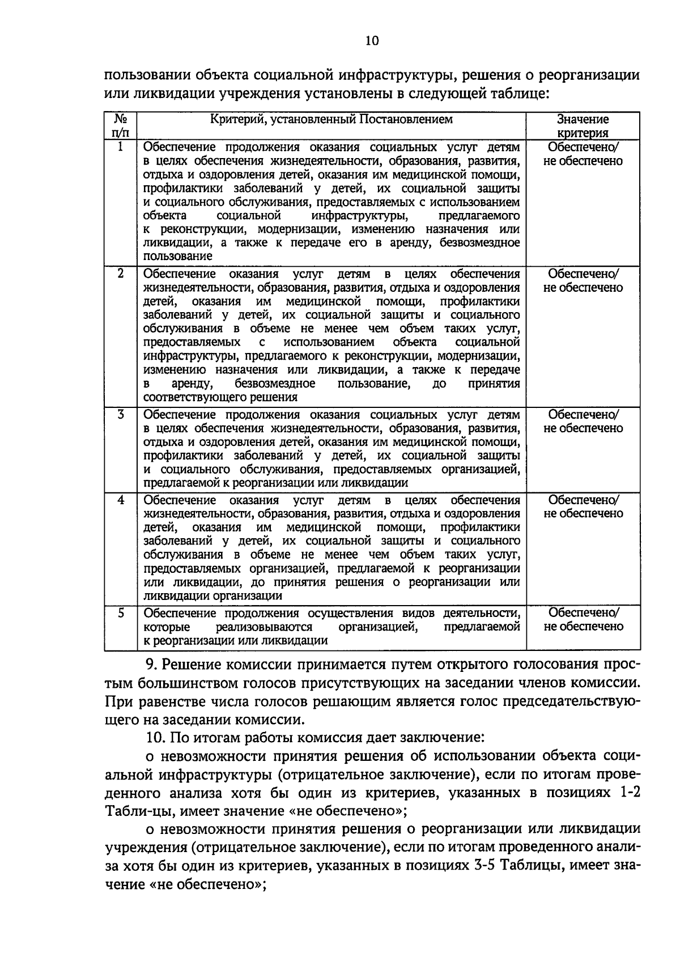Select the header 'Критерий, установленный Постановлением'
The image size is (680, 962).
(x=331, y=120)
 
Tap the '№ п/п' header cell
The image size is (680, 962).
(x=121, y=126)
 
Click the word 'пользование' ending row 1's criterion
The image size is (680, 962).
(x=170, y=256)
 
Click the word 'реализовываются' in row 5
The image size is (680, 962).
(x=264, y=627)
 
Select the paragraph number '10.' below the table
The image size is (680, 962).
(x=155, y=738)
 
